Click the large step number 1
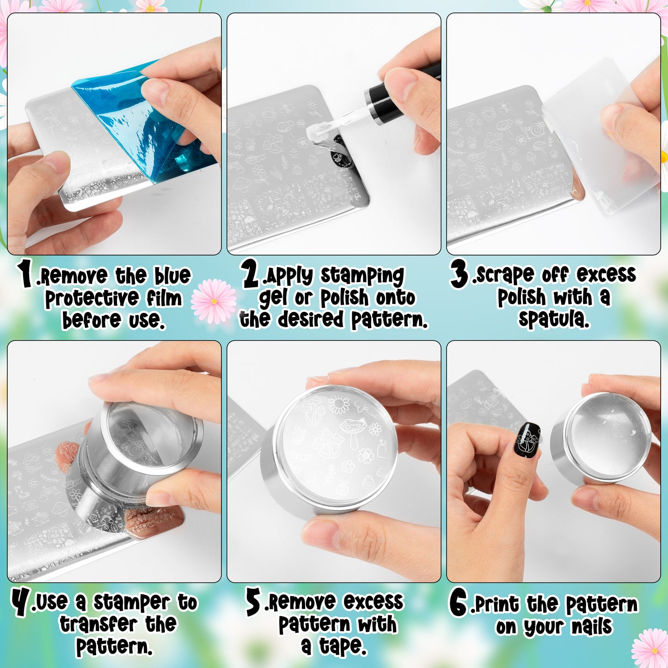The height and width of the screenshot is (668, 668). coord(25,273)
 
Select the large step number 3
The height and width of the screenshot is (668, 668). coord(460,274)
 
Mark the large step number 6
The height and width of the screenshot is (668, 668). coord(458,602)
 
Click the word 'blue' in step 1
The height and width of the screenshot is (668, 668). coord(172,276)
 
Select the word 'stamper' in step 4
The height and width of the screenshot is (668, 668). coord(132,603)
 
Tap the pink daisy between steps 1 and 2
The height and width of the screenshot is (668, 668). coord(214,301)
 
